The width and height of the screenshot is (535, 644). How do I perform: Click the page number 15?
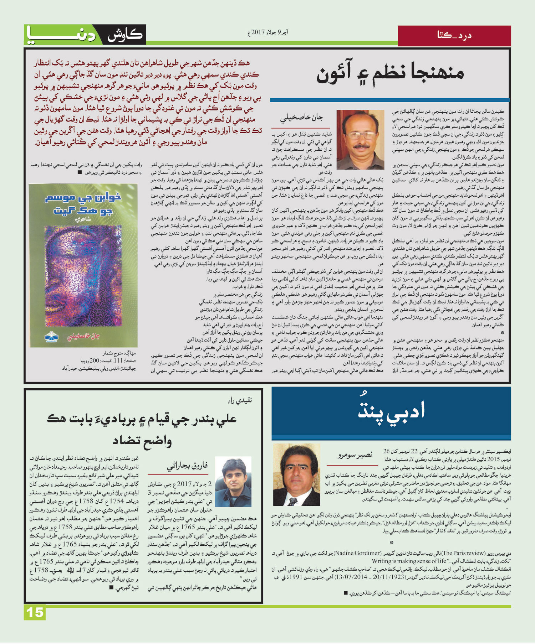tap(35, 612)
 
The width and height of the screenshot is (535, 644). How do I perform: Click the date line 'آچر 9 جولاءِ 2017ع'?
tap(268, 32)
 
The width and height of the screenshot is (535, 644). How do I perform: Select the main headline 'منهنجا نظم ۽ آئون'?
tap(391, 74)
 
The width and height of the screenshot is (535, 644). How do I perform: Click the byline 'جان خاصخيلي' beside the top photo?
tap(301, 118)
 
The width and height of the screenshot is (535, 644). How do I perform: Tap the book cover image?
tap(84, 265)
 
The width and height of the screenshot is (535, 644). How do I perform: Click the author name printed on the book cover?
tap(84, 337)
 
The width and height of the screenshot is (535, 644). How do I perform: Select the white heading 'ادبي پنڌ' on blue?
tap(391, 411)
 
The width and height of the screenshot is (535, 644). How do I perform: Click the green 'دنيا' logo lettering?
tap(61, 35)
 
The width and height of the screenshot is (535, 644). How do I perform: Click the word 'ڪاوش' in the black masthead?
tap(125, 35)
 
